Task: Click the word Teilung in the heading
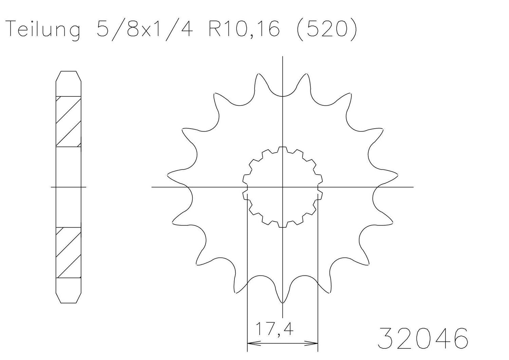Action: (43, 29)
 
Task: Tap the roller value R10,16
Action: (244, 29)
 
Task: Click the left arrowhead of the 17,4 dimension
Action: (251, 343)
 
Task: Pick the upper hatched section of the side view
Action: (68, 121)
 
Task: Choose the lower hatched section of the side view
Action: (68, 252)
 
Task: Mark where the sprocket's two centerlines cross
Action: (282, 187)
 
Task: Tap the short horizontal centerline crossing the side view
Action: (68, 187)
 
